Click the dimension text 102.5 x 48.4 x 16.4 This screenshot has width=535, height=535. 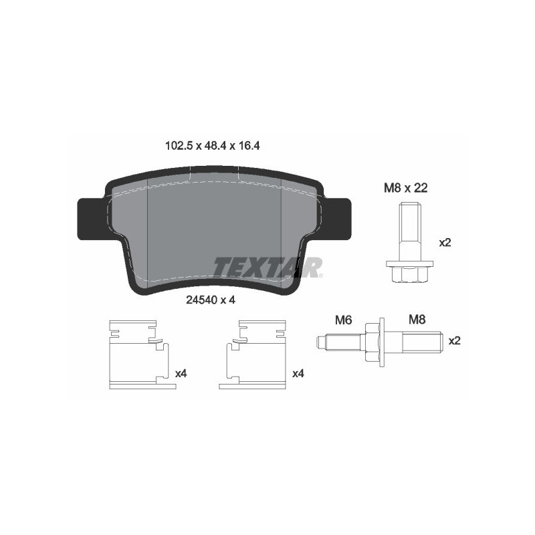point(212,144)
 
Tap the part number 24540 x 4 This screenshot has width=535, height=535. point(211,300)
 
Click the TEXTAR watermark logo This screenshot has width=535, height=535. point(267,266)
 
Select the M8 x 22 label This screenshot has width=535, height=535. point(405,189)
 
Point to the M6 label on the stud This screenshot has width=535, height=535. point(343,320)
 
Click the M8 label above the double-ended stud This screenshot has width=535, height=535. point(417,320)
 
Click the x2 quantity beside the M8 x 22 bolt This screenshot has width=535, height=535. point(445,243)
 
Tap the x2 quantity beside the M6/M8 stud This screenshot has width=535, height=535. point(455,340)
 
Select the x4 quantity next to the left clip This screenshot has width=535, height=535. point(181,374)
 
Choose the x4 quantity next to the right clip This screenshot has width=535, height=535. point(298,374)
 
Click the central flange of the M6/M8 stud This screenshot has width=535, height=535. point(372,341)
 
